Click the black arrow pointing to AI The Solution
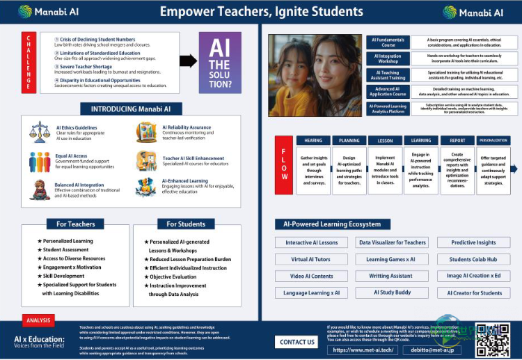coord(188,61)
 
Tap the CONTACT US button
coord(297,342)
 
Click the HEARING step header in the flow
coord(313,140)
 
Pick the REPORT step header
coord(457,140)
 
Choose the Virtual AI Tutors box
coord(311,260)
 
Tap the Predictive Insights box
coord(474,243)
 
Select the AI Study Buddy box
coord(393,292)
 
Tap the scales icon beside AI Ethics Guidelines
coord(39,132)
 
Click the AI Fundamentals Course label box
coord(388,42)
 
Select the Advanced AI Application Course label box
coord(388,92)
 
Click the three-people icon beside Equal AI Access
coord(39,162)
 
